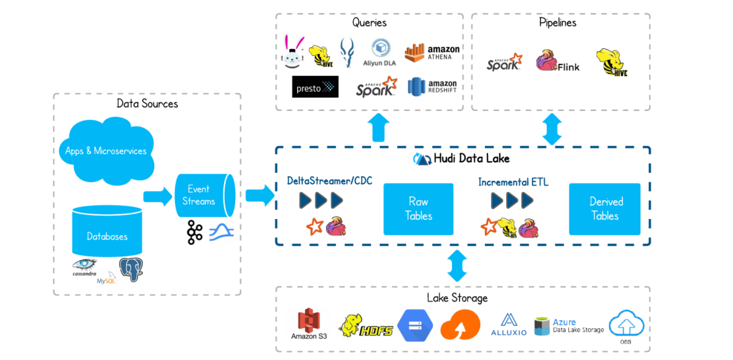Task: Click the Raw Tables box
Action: (418, 209)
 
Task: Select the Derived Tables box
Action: (605, 209)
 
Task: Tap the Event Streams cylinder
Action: (205, 195)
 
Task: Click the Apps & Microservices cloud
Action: (106, 151)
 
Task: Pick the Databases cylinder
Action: (107, 231)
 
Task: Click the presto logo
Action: (315, 87)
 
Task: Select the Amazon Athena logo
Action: (432, 53)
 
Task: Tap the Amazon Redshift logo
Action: (432, 87)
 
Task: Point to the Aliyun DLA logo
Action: (380, 53)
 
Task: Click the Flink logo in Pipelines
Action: (557, 61)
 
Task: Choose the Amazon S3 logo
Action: (309, 324)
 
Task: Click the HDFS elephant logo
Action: (365, 326)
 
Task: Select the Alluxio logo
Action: (509, 324)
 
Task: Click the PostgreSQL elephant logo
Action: (131, 269)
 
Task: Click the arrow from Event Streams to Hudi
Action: (260, 195)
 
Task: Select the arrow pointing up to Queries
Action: (379, 128)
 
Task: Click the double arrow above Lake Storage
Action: (457, 266)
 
